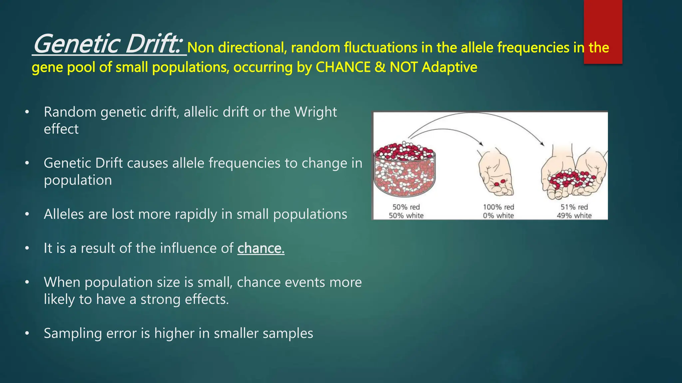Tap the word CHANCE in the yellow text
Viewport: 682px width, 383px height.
(x=343, y=67)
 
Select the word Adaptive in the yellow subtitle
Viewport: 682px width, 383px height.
(x=449, y=67)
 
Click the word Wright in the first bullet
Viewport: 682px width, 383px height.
(x=315, y=112)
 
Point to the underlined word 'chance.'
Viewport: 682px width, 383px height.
(x=261, y=248)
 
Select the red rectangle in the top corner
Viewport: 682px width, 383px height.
(x=603, y=32)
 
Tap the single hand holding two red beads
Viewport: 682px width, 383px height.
(x=496, y=175)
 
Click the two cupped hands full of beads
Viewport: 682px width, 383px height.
(x=573, y=176)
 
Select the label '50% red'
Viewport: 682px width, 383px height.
(x=406, y=207)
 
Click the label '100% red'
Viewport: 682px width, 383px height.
(x=499, y=207)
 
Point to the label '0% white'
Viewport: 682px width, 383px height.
(x=499, y=215)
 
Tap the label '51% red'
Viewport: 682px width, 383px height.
(x=574, y=207)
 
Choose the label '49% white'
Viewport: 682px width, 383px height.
(x=574, y=215)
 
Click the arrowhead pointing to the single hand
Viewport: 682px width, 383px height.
(x=481, y=144)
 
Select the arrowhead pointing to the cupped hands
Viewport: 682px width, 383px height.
(x=542, y=144)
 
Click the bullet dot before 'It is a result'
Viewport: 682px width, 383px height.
(x=27, y=248)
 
